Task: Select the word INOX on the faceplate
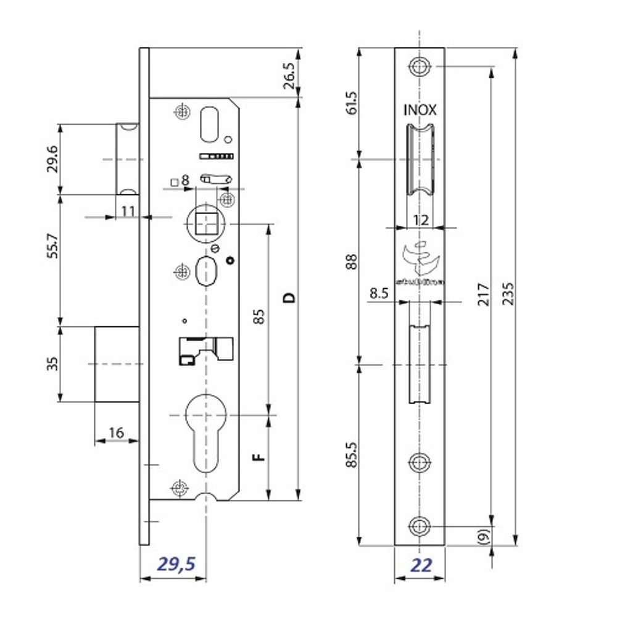tap(420, 110)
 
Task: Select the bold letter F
tap(260, 457)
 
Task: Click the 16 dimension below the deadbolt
tap(115, 433)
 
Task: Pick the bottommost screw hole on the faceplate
tap(420, 527)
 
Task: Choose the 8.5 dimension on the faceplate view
tap(379, 295)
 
